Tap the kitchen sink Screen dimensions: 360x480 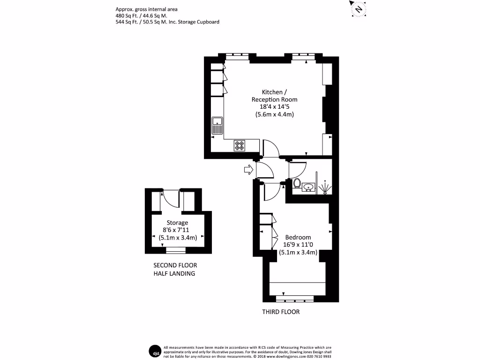(217, 124)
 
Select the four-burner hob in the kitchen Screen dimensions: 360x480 (240, 146)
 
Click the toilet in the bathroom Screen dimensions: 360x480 (297, 183)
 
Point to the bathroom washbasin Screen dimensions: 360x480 (308, 188)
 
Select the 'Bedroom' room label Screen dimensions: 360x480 (298, 237)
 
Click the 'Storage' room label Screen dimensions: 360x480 (177, 223)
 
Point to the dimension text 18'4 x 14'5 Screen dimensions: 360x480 (274, 107)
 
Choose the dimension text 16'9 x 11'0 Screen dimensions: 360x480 (298, 245)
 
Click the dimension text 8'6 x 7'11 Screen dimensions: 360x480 (177, 230)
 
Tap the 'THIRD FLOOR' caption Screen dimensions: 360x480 (280, 312)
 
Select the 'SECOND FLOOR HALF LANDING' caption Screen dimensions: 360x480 (175, 269)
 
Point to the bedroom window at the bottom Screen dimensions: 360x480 (295, 298)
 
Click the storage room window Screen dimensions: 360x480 (176, 249)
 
